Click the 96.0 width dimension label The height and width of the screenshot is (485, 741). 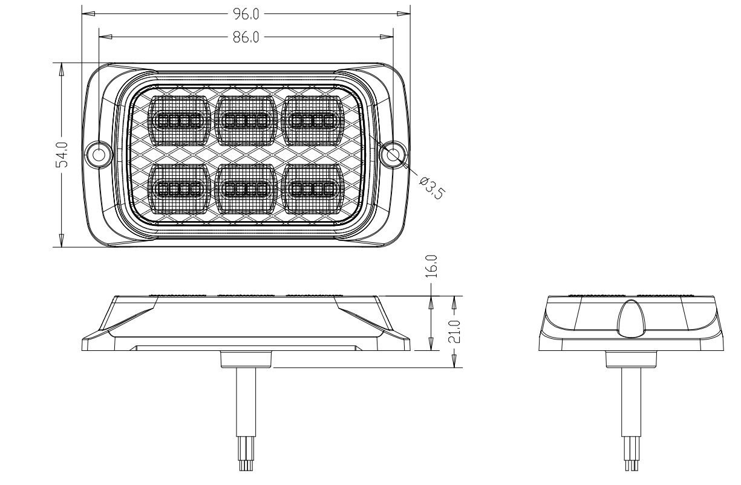246,14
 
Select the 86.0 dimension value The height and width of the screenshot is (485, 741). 246,37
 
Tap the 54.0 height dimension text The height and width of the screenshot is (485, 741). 62,155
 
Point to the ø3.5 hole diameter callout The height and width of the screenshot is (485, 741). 433,188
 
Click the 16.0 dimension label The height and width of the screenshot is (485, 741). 431,266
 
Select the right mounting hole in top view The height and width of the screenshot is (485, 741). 393,155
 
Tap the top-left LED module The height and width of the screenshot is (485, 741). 179,121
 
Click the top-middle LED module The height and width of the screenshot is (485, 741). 246,121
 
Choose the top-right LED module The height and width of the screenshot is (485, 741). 313,121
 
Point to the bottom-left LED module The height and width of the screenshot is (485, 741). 179,189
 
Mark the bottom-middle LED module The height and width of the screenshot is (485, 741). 246,189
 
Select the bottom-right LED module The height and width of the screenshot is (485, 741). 313,189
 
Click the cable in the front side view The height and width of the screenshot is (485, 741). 246,402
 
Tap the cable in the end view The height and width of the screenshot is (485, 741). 631,402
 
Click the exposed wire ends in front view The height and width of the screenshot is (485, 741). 246,454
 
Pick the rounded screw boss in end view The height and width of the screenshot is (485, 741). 632,319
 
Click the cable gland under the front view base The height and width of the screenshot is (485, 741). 246,359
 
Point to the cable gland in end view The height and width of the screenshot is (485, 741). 631,359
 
